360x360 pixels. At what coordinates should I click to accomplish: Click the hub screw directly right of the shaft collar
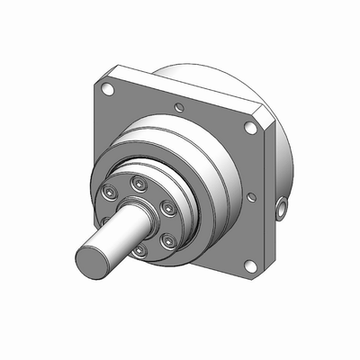coord(166,207)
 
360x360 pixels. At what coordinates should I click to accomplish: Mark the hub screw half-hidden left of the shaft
coord(105,219)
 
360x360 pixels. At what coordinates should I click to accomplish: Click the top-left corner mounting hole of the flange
coord(108,90)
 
